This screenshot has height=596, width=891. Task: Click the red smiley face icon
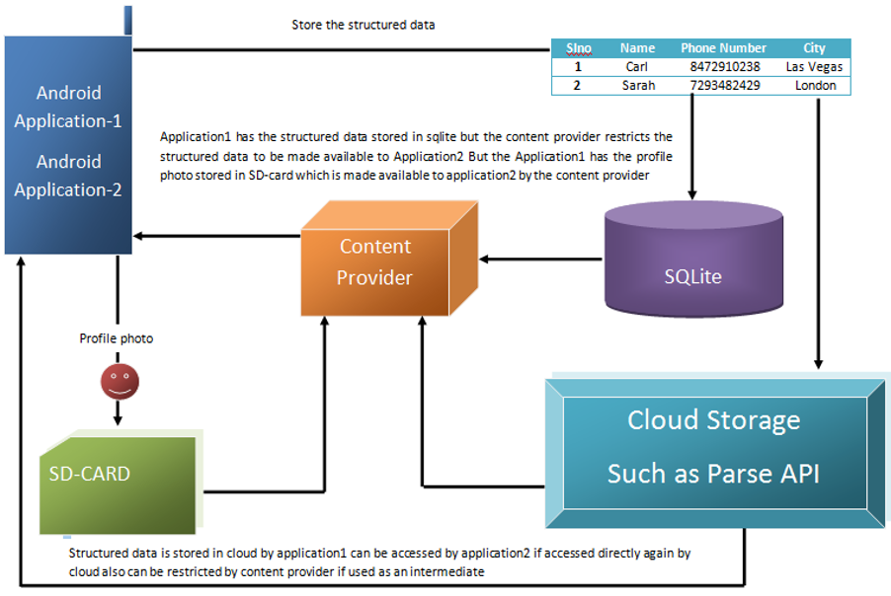[119, 383]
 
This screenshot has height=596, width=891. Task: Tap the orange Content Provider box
[375, 261]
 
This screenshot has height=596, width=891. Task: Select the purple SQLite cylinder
[692, 267]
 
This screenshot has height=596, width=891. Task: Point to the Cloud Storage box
[713, 449]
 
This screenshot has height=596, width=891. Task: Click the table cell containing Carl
[637, 67]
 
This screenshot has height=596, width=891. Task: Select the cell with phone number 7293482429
[724, 86]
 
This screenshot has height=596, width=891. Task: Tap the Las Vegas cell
[815, 67]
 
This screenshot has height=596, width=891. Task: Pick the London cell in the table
[815, 86]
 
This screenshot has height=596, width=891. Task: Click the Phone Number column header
[724, 47]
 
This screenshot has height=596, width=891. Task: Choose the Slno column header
[578, 47]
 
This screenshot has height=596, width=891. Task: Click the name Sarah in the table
[637, 86]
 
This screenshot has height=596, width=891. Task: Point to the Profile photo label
[117, 338]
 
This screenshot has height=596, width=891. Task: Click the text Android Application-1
[68, 107]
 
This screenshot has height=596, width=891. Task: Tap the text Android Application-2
[68, 176]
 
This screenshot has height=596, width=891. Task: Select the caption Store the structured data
[364, 25]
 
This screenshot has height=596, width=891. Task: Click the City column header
[815, 47]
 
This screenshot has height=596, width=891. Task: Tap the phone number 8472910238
[724, 67]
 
